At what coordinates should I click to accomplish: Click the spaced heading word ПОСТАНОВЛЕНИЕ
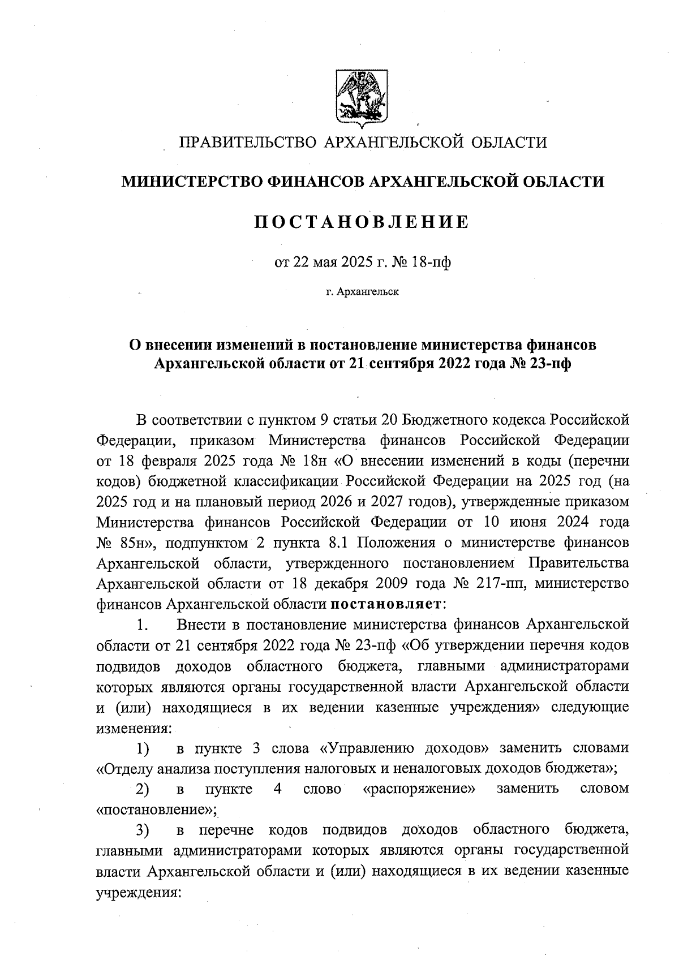coord(362,222)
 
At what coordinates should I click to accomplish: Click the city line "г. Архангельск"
coord(362,292)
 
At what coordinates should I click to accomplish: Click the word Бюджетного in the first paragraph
coord(449,420)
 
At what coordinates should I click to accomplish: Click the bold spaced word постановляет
coord(386,604)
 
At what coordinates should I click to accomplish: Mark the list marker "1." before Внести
coord(143,625)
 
